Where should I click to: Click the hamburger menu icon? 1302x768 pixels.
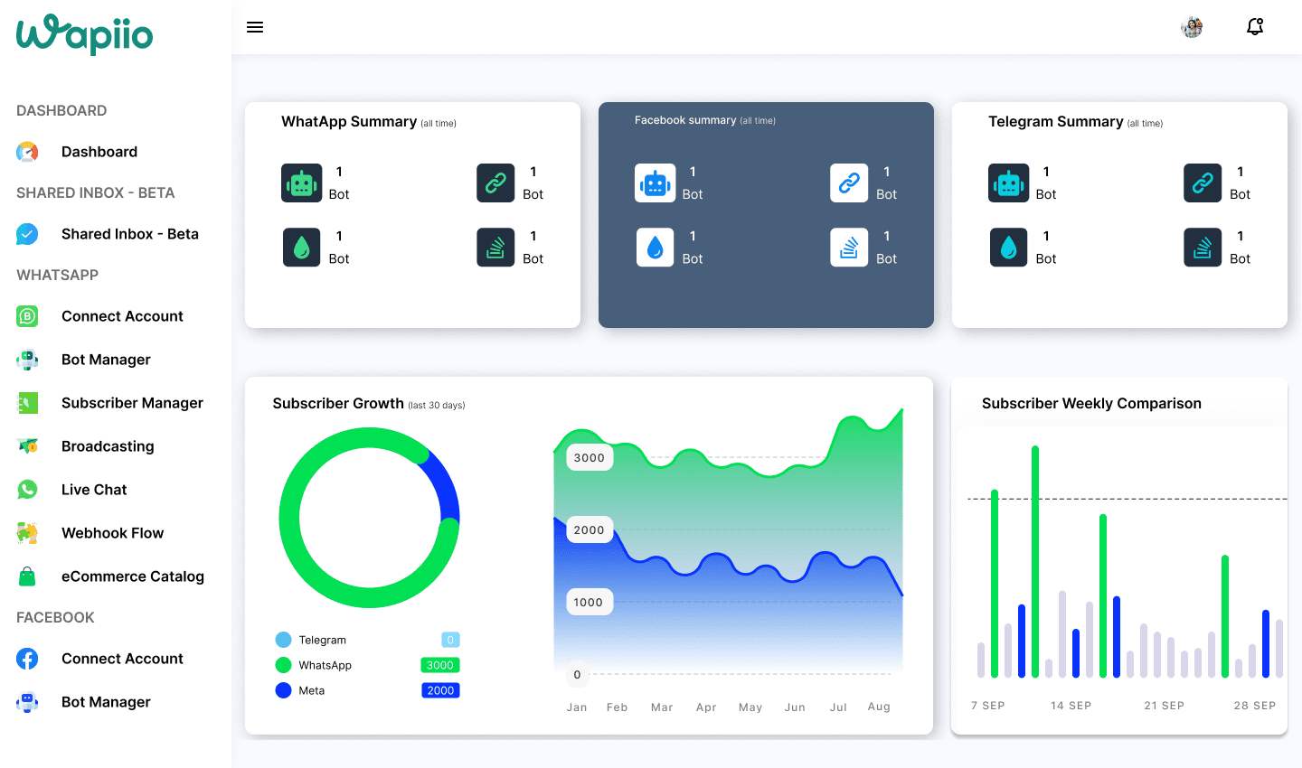pos(255,27)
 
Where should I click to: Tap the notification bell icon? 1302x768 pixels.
pos(1255,27)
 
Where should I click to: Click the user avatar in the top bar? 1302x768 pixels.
pos(1192,27)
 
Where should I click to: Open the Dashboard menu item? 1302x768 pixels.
pos(99,152)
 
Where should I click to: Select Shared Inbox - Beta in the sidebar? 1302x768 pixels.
pos(129,233)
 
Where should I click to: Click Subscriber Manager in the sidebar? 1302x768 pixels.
pos(132,403)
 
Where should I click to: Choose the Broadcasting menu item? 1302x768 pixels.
pos(108,446)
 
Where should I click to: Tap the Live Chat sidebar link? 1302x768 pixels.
pos(94,489)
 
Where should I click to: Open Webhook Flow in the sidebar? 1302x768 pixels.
pos(112,533)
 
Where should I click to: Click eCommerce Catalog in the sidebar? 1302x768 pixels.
pos(133,576)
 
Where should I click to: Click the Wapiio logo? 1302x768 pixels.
pos(84,34)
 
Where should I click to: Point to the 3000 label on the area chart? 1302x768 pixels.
pos(590,458)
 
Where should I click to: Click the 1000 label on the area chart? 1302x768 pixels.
pos(589,603)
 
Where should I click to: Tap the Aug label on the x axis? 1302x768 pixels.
pos(879,707)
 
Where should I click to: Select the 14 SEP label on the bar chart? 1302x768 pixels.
pos(1071,706)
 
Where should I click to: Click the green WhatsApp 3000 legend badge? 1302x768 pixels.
pos(440,665)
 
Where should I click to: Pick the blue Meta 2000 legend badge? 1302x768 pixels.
pos(440,690)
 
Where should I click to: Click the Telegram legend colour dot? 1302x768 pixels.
pos(283,640)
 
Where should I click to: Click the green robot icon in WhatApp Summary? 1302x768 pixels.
pos(302,183)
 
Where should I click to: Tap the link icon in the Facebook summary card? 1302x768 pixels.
pos(849,183)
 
